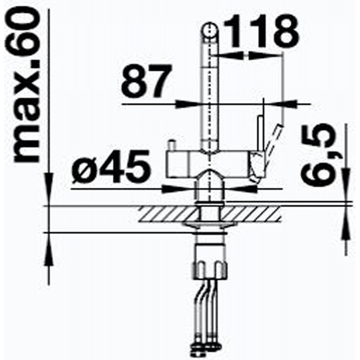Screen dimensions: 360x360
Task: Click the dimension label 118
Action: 261,31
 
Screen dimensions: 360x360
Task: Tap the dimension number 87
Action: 147,81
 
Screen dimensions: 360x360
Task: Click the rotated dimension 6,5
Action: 318,155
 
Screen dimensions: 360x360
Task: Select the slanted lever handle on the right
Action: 274,140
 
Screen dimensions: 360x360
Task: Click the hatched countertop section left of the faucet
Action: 167,214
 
